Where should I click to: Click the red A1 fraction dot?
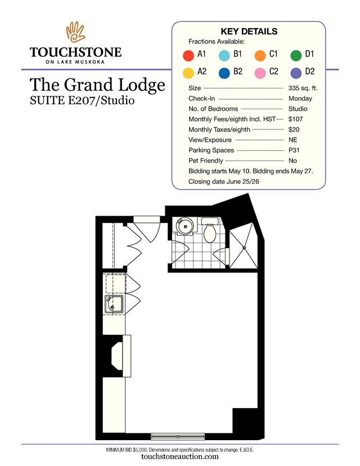pyautogui.click(x=188, y=55)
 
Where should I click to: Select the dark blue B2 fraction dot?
pyautogui.click(x=224, y=73)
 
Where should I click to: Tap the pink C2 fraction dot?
pyautogui.click(x=260, y=73)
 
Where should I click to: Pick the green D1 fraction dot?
pyautogui.click(x=296, y=55)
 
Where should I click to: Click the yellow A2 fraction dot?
pyautogui.click(x=188, y=73)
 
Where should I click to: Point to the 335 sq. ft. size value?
pyautogui.click(x=303, y=88)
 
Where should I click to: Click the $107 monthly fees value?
pyautogui.click(x=295, y=119)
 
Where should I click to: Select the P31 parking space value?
pyautogui.click(x=294, y=150)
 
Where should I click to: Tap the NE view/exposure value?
pyautogui.click(x=292, y=140)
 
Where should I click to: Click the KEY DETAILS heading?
pyautogui.click(x=249, y=32)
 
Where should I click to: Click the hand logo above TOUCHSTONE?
pyautogui.click(x=75, y=32)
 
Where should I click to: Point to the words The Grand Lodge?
pyautogui.click(x=97, y=85)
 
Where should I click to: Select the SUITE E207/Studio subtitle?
pyautogui.click(x=82, y=100)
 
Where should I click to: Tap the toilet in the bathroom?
pyautogui.click(x=210, y=231)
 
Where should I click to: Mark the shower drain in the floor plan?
pyautogui.click(x=244, y=247)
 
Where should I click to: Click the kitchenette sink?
pyautogui.click(x=114, y=304)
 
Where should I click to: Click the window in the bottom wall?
pyautogui.click(x=178, y=436)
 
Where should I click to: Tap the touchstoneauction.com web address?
pyautogui.click(x=179, y=457)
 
